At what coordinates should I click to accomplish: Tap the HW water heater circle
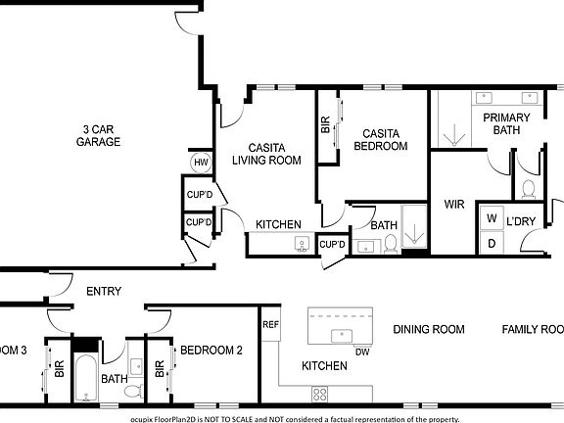pyautogui.click(x=200, y=162)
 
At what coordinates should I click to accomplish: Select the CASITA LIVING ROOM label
pyautogui.click(x=265, y=153)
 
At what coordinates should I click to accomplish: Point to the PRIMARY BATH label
pyautogui.click(x=506, y=123)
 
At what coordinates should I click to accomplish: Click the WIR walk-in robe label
pyautogui.click(x=453, y=205)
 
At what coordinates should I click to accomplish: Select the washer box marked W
pyautogui.click(x=492, y=218)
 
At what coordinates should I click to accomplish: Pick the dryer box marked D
pyautogui.click(x=492, y=242)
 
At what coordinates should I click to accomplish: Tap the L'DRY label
pyautogui.click(x=521, y=221)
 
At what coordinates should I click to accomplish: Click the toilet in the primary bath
pyautogui.click(x=529, y=188)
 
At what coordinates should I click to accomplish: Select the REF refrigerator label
pyautogui.click(x=269, y=323)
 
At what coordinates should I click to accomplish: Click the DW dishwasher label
pyautogui.click(x=361, y=352)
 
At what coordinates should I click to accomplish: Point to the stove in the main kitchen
pyautogui.click(x=319, y=394)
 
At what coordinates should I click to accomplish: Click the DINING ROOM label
pyautogui.click(x=429, y=329)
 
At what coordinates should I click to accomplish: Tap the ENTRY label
pyautogui.click(x=104, y=291)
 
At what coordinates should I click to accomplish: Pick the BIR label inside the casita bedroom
pyautogui.click(x=325, y=125)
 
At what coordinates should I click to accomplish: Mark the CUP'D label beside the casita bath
pyautogui.click(x=332, y=245)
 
